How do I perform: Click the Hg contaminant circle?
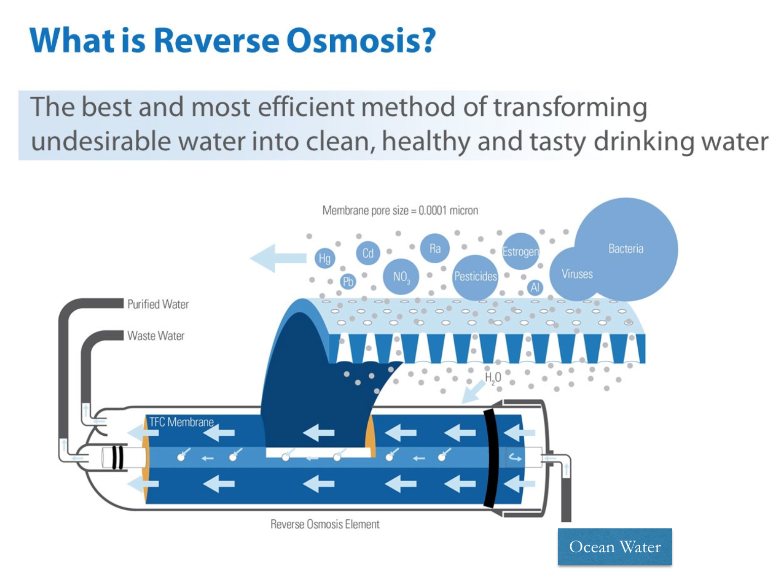(x=324, y=259)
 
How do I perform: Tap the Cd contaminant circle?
(x=368, y=253)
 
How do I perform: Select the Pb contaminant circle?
(x=348, y=282)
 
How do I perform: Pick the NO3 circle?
(x=401, y=277)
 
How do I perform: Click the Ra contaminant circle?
(x=435, y=248)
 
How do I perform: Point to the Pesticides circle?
(x=475, y=276)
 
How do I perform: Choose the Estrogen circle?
(x=520, y=252)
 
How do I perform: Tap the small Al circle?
(x=535, y=287)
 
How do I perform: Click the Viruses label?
(x=577, y=274)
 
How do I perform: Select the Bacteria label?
(x=626, y=248)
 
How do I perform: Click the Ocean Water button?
(x=615, y=547)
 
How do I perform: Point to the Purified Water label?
(x=158, y=304)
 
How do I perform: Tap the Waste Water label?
(x=156, y=336)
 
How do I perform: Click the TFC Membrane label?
(x=181, y=422)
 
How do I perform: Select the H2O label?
(x=493, y=378)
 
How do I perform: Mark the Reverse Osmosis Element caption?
(x=325, y=524)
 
